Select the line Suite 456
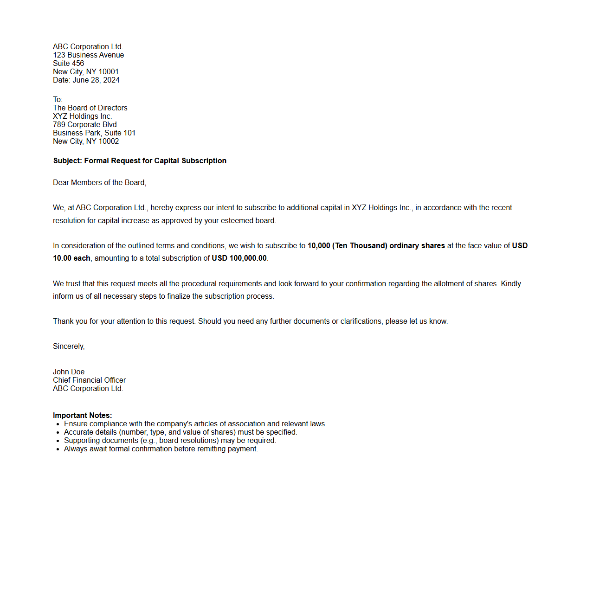(69, 64)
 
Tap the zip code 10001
(109, 72)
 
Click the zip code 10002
(109, 141)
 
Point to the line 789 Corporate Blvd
(85, 125)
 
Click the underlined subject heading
(140, 161)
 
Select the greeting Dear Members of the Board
(99, 183)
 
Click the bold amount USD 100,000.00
(239, 258)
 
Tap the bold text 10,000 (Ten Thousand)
(347, 246)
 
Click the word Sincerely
(69, 346)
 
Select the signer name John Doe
(69, 372)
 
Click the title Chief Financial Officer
(89, 380)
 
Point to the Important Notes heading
(82, 416)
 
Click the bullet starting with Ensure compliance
(195, 424)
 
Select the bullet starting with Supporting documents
(170, 441)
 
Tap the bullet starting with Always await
(161, 449)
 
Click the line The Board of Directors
(90, 108)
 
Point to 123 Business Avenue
(88, 55)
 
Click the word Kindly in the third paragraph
(511, 284)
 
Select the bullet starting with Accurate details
(180, 432)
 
